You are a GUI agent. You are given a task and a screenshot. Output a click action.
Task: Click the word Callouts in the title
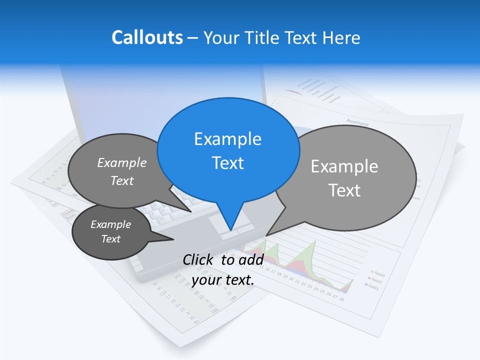click(x=147, y=37)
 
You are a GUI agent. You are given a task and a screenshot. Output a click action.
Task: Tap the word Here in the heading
click(x=342, y=37)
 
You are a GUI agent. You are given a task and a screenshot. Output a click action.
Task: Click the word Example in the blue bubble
click(x=227, y=139)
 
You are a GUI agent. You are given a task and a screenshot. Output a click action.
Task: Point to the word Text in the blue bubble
click(x=228, y=163)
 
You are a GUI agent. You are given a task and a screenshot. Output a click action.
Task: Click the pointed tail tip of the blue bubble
click(x=230, y=230)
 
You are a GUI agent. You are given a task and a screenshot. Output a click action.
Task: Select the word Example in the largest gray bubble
click(x=344, y=166)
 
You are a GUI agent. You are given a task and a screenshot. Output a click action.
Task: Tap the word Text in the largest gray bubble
click(x=345, y=190)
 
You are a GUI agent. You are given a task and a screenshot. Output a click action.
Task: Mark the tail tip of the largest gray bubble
click(x=267, y=235)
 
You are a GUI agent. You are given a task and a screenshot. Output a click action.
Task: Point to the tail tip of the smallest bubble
click(x=173, y=240)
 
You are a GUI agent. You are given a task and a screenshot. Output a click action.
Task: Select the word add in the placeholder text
click(x=250, y=260)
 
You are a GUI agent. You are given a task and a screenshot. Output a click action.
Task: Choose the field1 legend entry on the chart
click(x=373, y=287)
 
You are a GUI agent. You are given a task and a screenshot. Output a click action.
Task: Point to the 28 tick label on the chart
click(x=341, y=299)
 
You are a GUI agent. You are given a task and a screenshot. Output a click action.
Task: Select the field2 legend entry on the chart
click(x=376, y=280)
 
